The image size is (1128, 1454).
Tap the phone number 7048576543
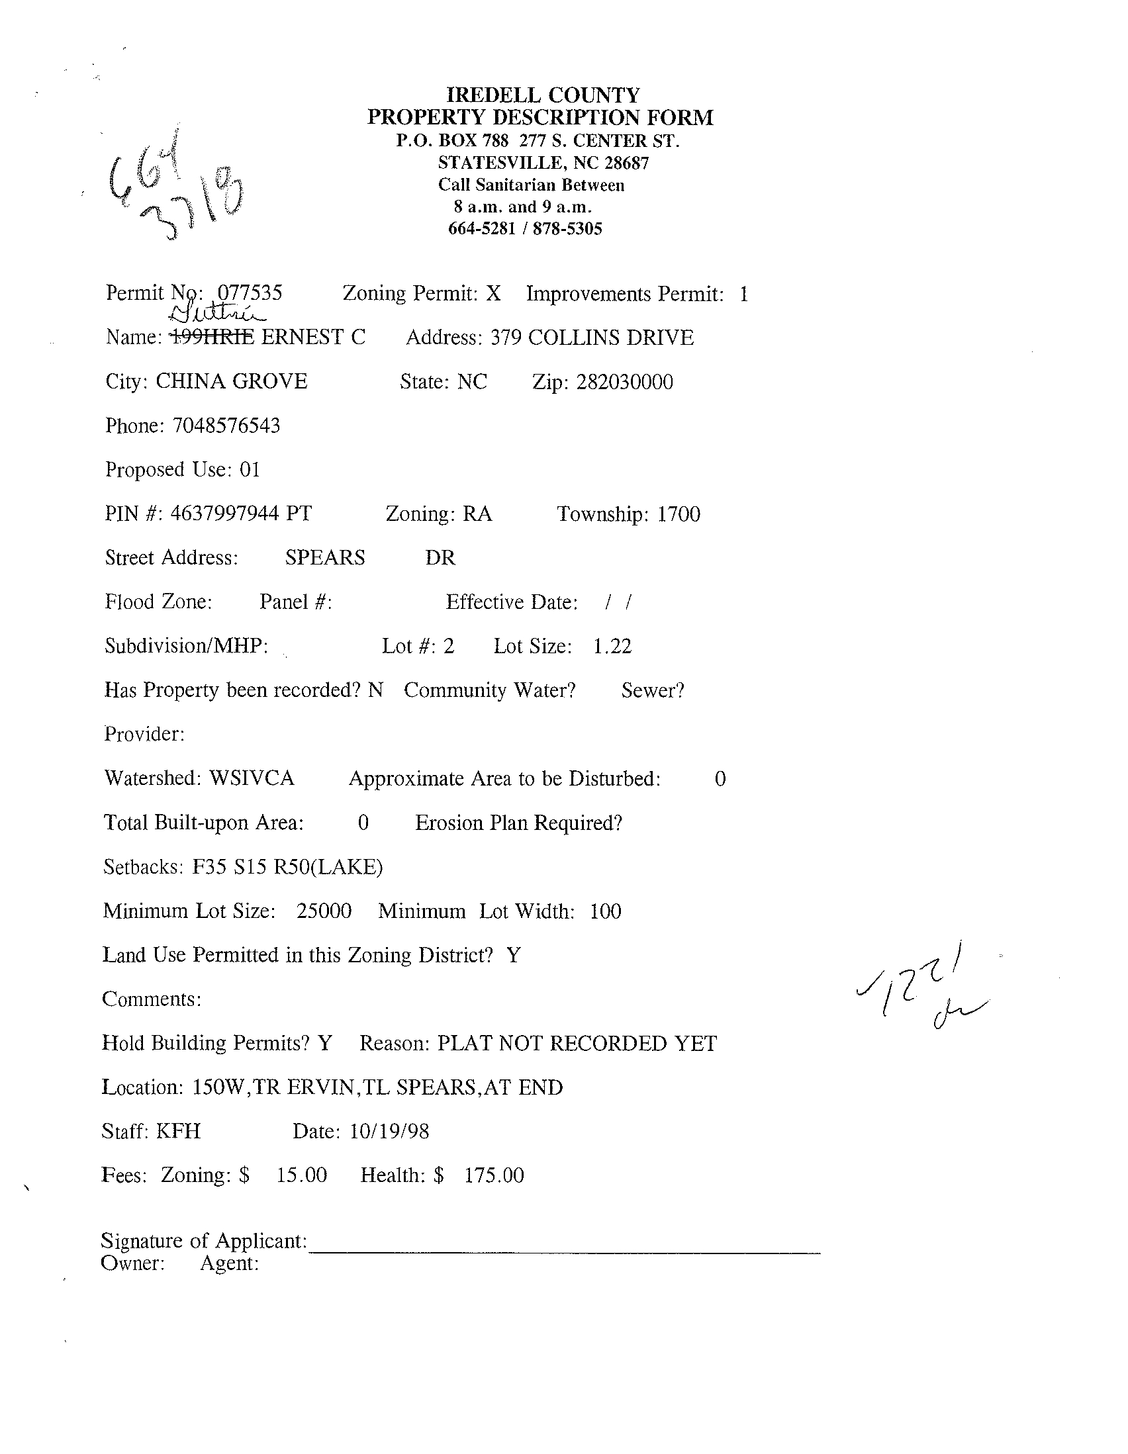[x=226, y=426]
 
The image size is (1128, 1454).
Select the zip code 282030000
[x=625, y=382]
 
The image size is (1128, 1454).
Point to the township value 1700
[x=679, y=514]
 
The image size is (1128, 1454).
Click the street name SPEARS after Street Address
[x=325, y=558]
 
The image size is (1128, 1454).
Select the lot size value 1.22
[x=612, y=646]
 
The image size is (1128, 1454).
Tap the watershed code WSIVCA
[x=251, y=778]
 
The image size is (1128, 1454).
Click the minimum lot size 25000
[x=324, y=911]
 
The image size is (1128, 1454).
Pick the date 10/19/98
[x=389, y=1131]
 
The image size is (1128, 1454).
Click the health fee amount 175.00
[x=494, y=1175]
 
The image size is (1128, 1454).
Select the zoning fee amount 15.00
[x=302, y=1175]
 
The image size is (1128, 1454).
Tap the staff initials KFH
[x=178, y=1131]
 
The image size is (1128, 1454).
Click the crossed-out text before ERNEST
[x=212, y=338]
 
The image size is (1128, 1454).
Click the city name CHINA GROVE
[x=231, y=381]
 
